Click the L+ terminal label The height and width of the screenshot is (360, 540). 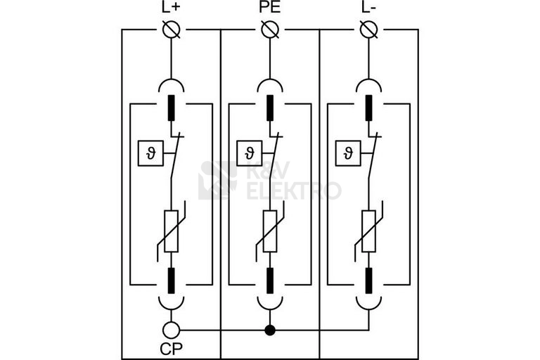coord(171,8)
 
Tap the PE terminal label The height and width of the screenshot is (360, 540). coord(270,8)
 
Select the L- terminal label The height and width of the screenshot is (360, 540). coord(368,8)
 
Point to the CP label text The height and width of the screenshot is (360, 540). coord(171,349)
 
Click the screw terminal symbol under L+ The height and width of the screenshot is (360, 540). coord(171,30)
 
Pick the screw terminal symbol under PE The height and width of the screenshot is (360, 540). coord(270,30)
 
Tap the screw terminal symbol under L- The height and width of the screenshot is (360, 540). coord(369,30)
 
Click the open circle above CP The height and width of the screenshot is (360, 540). coord(171,330)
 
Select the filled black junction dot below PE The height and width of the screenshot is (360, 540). coord(270,330)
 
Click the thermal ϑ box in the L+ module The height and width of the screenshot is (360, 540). coord(151,153)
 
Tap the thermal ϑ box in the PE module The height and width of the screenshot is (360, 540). coord(250,153)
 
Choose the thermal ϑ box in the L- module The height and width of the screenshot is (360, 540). coord(348,153)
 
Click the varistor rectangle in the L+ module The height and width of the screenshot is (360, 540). coord(171,231)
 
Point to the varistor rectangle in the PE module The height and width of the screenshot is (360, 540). coord(270,231)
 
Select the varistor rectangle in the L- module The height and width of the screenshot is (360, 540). coord(369,231)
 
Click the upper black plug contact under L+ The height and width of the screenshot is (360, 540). coord(171,108)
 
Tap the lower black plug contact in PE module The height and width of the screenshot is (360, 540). coord(270,281)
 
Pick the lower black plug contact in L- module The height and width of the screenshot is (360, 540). coord(369,281)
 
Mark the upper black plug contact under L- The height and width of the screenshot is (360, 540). coord(369,108)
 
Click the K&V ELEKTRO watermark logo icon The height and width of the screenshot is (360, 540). coord(218,180)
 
